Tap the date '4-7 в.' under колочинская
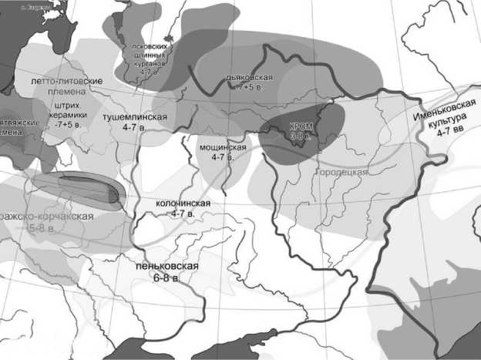(x=183, y=213)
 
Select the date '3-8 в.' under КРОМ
(x=300, y=136)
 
